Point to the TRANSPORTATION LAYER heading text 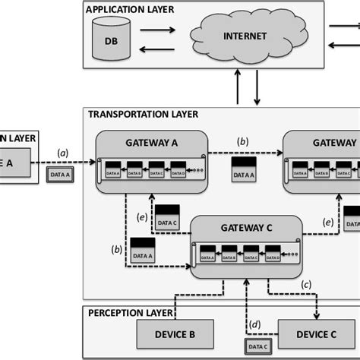coord(144,115)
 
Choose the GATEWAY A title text coord(152,142)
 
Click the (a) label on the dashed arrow coord(63,153)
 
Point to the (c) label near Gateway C coord(306,283)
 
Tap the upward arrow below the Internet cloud coord(240,87)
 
